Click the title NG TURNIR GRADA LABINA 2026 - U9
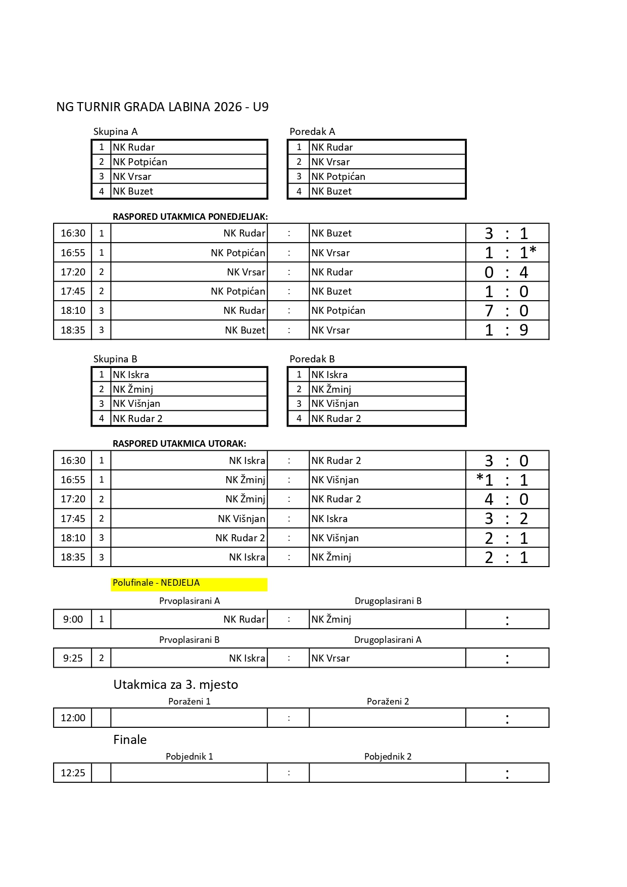[162, 107]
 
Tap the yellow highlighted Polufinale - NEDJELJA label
[156, 583]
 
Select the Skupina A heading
[115, 131]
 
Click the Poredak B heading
[312, 359]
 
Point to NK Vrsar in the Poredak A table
[330, 162]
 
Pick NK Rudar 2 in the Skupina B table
[137, 418]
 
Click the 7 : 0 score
[507, 311]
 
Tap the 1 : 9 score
[507, 330]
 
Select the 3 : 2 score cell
[507, 519]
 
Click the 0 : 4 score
[507, 272]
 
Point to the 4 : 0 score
[507, 499]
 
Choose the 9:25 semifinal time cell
[73, 658]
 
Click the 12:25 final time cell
[73, 773]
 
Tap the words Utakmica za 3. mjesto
[175, 684]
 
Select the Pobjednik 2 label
[388, 757]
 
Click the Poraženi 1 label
[189, 702]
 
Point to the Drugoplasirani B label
[388, 601]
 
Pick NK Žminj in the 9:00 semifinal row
[331, 619]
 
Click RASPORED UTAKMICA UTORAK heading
[179, 444]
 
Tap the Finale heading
[130, 739]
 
